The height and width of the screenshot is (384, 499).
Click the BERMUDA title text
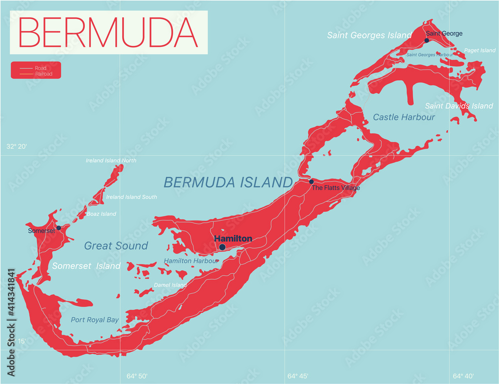(108, 32)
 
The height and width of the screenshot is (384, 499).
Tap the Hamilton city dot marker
(222, 247)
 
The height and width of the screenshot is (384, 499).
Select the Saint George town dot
(427, 40)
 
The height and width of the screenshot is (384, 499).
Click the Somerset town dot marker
(58, 228)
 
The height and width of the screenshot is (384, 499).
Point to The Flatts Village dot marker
(311, 182)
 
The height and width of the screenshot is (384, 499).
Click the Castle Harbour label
(404, 117)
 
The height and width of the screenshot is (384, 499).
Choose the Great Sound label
(116, 245)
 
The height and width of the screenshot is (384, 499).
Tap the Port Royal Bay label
(95, 320)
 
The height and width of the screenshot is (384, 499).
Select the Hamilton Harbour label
(191, 261)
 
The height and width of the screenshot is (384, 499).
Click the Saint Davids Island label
(459, 106)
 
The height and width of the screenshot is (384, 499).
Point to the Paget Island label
(480, 50)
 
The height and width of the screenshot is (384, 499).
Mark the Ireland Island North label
(111, 161)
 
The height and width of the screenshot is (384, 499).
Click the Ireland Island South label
(131, 197)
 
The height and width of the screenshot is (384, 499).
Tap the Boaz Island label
(101, 214)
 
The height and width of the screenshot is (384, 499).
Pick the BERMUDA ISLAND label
(228, 182)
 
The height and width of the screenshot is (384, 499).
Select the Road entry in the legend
(40, 68)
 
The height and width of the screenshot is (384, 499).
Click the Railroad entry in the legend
(43, 74)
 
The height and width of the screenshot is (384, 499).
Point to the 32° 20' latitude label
(16, 147)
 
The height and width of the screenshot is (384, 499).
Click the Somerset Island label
(86, 266)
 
